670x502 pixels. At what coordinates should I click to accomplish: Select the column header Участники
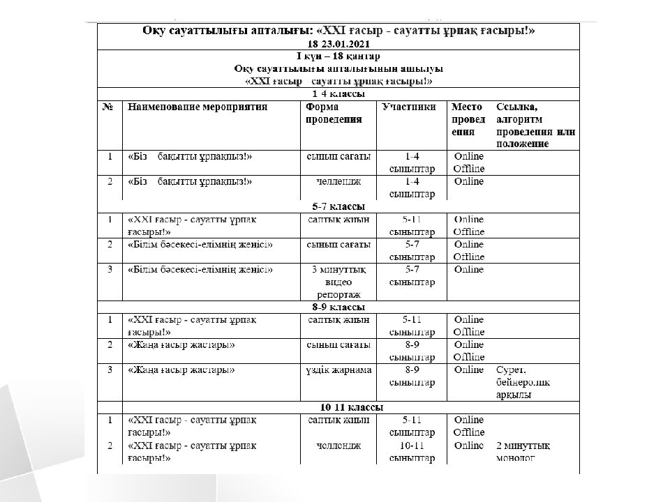click(x=410, y=107)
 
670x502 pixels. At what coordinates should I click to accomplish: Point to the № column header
click(x=108, y=107)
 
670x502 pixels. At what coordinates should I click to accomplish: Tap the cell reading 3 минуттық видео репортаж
click(x=338, y=282)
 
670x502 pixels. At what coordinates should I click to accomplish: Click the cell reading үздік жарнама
click(x=339, y=370)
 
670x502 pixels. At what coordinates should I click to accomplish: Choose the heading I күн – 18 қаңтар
click(x=338, y=56)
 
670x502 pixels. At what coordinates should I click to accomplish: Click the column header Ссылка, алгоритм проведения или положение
click(x=535, y=125)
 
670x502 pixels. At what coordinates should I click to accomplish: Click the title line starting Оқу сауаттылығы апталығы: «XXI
click(x=338, y=31)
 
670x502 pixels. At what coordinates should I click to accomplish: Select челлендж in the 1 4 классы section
click(x=338, y=181)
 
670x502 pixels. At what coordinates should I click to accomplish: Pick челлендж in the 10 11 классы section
click(x=338, y=446)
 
